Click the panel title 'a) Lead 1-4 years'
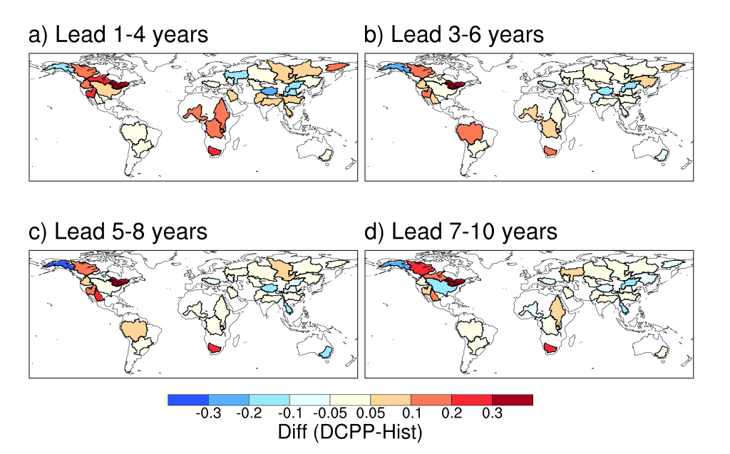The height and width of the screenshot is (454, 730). [x=118, y=34]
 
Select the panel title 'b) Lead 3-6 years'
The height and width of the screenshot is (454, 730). [x=453, y=34]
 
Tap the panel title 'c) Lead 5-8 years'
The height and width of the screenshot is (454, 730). [x=118, y=232]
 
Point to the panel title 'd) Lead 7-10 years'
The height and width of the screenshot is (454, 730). [x=461, y=232]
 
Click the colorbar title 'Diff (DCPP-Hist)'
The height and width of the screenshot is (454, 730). [x=349, y=431]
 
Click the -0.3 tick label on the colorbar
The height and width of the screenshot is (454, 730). [x=207, y=414]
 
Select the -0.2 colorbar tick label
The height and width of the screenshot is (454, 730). [x=248, y=414]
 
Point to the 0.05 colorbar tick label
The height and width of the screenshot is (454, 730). [x=370, y=414]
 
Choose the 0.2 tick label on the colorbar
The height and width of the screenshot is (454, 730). [x=451, y=414]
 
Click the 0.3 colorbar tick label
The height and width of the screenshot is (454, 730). [x=492, y=414]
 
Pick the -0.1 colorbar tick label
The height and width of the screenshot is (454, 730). [x=289, y=414]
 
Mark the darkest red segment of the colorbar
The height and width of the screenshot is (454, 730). [x=512, y=400]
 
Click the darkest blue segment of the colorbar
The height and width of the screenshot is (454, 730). [x=187, y=400]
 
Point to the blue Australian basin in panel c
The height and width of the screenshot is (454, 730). [x=326, y=351]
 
